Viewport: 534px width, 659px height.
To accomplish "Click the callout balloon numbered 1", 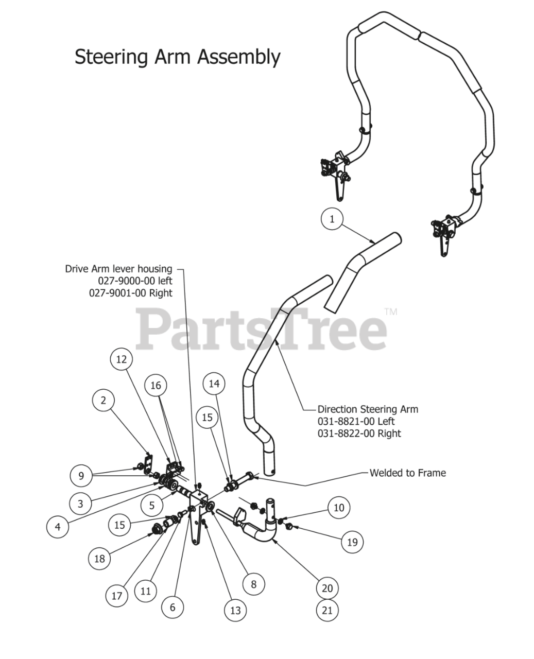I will (332, 219).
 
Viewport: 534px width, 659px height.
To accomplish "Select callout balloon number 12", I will (122, 359).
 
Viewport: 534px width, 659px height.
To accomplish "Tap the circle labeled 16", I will (156, 386).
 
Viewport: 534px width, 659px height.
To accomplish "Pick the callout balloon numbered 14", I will (214, 384).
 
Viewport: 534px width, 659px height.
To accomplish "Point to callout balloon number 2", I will (104, 400).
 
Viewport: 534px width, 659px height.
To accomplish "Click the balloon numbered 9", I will (81, 476).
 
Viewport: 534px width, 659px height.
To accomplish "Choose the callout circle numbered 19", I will (352, 542).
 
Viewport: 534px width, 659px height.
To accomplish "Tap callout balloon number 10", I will (339, 508).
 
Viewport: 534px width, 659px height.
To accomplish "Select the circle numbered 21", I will (328, 611).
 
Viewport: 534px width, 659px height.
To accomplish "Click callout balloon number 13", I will (235, 611).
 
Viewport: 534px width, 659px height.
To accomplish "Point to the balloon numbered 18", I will (100, 559).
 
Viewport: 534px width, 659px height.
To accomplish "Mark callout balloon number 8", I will (253, 584).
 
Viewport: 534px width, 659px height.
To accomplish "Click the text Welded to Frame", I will (408, 473).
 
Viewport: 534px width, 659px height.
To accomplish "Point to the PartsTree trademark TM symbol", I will (391, 312).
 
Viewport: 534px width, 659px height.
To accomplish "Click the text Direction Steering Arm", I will (368, 409).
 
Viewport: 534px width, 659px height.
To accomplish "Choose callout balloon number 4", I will (58, 527).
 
